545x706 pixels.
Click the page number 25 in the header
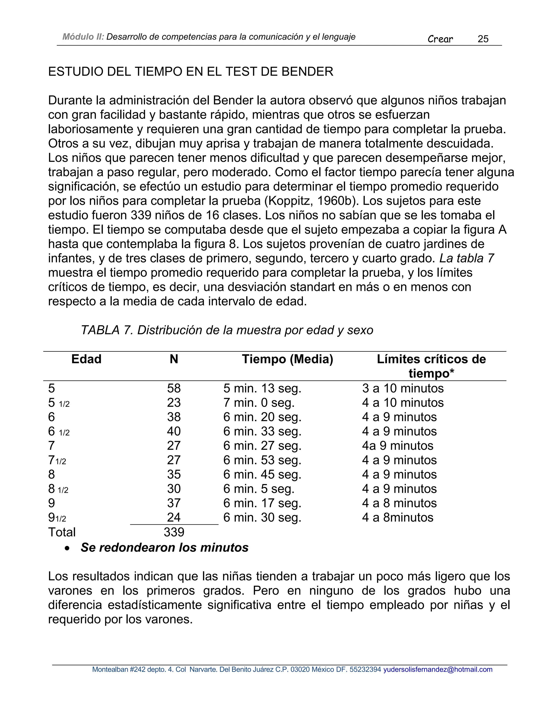tap(483, 39)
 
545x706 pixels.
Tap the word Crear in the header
tap(440, 39)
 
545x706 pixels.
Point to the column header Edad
tap(86, 359)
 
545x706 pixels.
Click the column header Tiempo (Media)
tap(287, 359)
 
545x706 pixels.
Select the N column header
tap(174, 359)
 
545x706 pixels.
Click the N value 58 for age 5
tap(174, 388)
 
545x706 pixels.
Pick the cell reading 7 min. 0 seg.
tap(259, 403)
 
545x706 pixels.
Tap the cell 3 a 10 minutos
tap(403, 388)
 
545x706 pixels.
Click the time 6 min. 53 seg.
tap(262, 460)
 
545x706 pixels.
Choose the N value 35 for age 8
tap(174, 474)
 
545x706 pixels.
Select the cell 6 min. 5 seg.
tap(259, 489)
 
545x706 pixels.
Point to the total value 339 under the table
tap(174, 532)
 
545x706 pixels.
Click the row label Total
tap(62, 532)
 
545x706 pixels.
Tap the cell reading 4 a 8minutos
tap(398, 518)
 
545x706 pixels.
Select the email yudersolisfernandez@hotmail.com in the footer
tap(438, 670)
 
